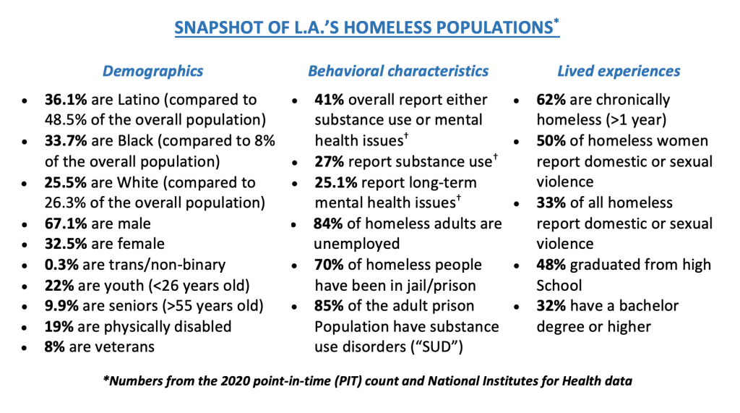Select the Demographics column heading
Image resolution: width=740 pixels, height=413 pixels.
click(152, 71)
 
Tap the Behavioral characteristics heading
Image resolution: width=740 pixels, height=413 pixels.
click(398, 71)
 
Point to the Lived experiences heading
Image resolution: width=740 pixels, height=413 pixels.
click(619, 71)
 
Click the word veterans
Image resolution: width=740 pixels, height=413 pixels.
click(124, 346)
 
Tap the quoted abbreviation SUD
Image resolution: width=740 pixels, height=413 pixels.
click(436, 346)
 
